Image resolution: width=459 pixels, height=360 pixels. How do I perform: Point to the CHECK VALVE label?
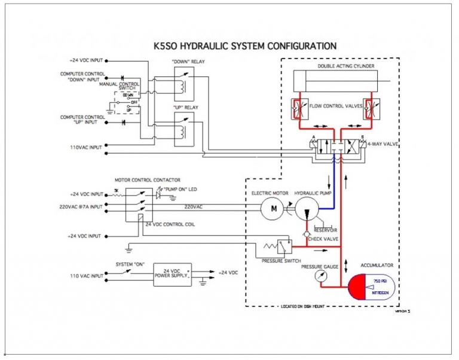click(x=323, y=238)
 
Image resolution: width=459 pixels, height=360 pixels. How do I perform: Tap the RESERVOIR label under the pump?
click(x=326, y=228)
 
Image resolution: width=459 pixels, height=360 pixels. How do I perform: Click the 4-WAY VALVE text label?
click(x=382, y=144)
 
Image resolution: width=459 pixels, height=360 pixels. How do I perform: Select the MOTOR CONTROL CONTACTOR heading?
click(x=147, y=179)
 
